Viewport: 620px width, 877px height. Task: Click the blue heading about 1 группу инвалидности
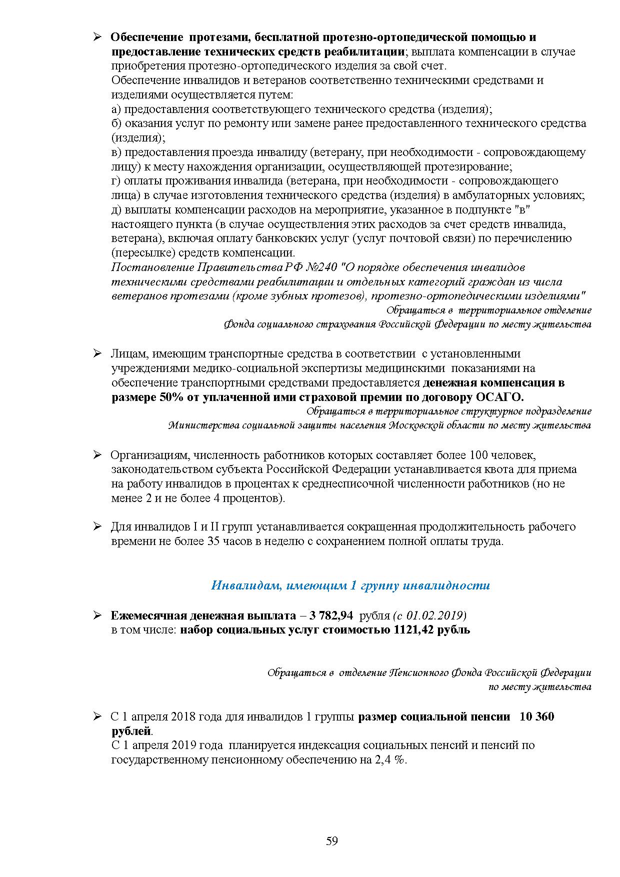pos(350,585)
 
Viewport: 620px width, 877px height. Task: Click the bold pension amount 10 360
pos(537,716)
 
